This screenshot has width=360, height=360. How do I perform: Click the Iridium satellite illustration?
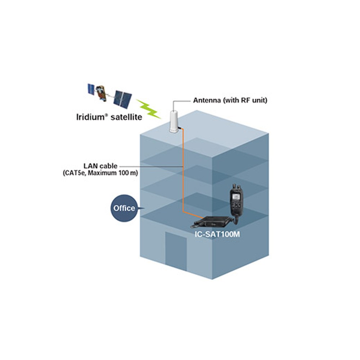pos(109,96)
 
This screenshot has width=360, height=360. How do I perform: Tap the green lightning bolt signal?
pos(148,109)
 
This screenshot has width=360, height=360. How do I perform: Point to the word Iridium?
pos(90,117)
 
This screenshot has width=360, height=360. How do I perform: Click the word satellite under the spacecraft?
pos(126,117)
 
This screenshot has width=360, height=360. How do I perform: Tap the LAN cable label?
pos(100,166)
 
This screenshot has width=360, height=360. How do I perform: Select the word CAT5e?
pos(74,173)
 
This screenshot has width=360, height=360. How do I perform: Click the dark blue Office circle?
pos(124,208)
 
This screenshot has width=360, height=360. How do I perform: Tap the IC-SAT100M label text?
pos(217,234)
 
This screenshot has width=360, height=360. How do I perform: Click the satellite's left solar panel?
pos(91,89)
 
